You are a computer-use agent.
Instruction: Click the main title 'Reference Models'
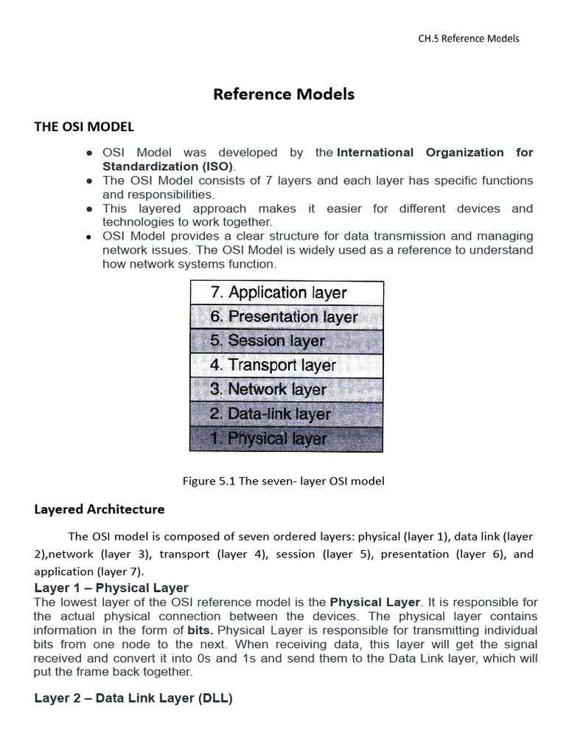pos(284,94)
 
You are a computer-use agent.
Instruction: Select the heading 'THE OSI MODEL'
pos(84,127)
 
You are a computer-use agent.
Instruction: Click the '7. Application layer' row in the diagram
pos(287,293)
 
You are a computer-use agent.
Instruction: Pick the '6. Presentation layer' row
pos(287,317)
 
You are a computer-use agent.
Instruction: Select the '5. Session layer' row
pos(287,341)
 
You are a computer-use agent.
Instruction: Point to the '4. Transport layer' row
pos(287,365)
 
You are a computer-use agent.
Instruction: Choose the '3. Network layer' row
pos(287,389)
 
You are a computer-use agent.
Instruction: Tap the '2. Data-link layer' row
pos(287,414)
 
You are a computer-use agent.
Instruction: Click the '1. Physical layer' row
pos(287,439)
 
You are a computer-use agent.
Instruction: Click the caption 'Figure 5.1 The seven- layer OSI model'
pos(284,481)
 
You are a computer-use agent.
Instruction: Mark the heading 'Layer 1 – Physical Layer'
pos(111,588)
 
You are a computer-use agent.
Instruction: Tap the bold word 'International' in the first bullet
pos(375,153)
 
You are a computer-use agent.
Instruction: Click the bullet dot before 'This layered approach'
pos(89,209)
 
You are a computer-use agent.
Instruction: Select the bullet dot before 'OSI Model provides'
pos(89,237)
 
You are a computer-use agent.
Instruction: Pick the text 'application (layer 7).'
pos(89,571)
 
